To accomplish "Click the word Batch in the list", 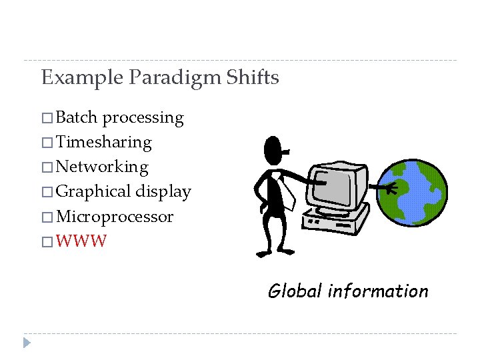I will pyautogui.click(x=77, y=117).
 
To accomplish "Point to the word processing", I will pyautogui.click(x=143, y=119).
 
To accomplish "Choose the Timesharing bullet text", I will pyautogui.click(x=104, y=142).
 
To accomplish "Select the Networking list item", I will pyautogui.click(x=102, y=167).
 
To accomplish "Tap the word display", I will pyautogui.click(x=163, y=192).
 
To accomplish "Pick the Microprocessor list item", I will pyautogui.click(x=115, y=217).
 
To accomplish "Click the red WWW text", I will pyautogui.click(x=81, y=241).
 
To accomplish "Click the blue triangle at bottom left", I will pyautogui.click(x=27, y=343).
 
